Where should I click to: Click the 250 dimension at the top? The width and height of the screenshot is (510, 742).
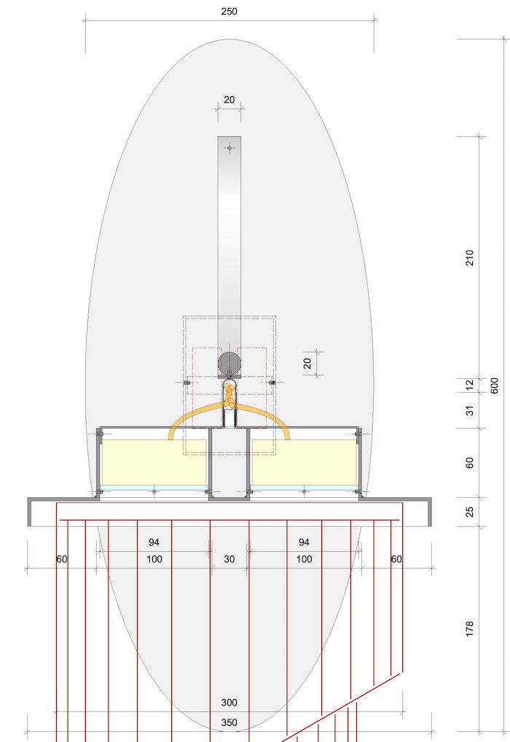click(229, 12)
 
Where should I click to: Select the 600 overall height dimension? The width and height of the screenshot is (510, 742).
click(495, 386)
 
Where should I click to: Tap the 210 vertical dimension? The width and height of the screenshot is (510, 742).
click(470, 258)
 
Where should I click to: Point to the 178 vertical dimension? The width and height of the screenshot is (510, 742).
click(470, 629)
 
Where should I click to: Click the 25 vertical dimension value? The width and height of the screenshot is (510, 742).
click(470, 512)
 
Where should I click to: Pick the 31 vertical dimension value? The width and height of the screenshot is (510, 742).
click(470, 410)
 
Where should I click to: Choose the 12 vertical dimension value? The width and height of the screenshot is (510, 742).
click(470, 385)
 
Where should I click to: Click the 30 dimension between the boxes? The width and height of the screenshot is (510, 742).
click(229, 559)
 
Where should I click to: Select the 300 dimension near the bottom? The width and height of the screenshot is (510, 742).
click(229, 702)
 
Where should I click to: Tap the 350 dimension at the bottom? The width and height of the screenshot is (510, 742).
click(229, 722)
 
